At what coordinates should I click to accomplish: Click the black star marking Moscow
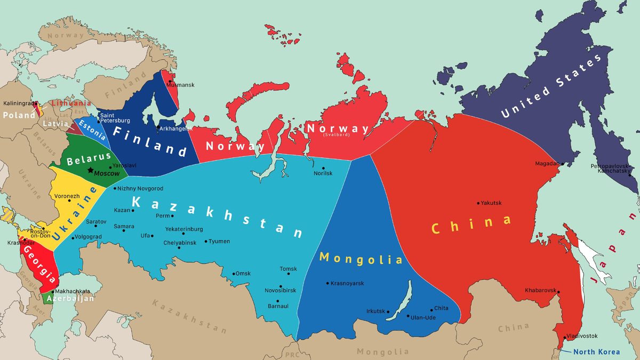(91, 170)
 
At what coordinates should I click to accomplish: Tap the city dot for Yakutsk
(478, 203)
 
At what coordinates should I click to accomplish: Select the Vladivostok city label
(582, 336)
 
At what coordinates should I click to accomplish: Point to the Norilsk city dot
(323, 168)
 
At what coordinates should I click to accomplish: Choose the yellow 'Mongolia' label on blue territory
(361, 259)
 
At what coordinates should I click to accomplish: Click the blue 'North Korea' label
(596, 352)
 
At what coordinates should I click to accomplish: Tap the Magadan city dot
(562, 164)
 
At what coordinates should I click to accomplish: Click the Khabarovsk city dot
(559, 291)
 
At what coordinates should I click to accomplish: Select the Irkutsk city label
(375, 311)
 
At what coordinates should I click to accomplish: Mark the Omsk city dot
(233, 274)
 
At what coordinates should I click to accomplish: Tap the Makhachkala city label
(73, 291)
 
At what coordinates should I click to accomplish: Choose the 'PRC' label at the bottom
(292, 355)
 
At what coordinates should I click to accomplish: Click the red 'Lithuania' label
(71, 103)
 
